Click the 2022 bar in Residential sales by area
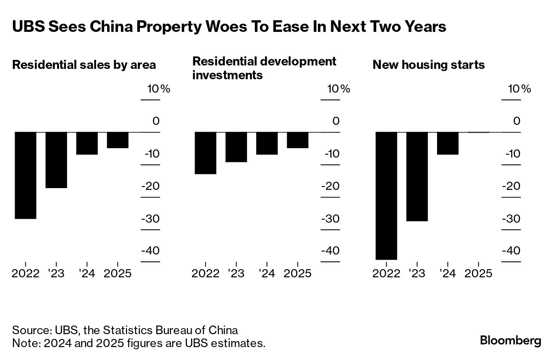click(x=25, y=175)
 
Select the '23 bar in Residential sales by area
click(x=56, y=160)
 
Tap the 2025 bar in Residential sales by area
click(x=118, y=140)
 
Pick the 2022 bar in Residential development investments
click(x=205, y=153)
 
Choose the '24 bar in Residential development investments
click(x=267, y=143)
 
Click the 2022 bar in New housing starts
click(x=386, y=196)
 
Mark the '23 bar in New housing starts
click(x=417, y=177)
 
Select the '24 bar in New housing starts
click(x=448, y=143)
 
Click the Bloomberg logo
click(x=511, y=341)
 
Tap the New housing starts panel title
click(x=428, y=65)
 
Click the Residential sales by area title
click(x=84, y=65)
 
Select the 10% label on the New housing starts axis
click(x=520, y=89)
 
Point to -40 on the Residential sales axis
click(x=150, y=251)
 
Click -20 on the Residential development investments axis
click(x=330, y=186)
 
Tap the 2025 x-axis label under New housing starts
click(x=478, y=273)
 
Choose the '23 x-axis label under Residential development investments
click(x=236, y=273)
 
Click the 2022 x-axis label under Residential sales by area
click(x=25, y=273)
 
